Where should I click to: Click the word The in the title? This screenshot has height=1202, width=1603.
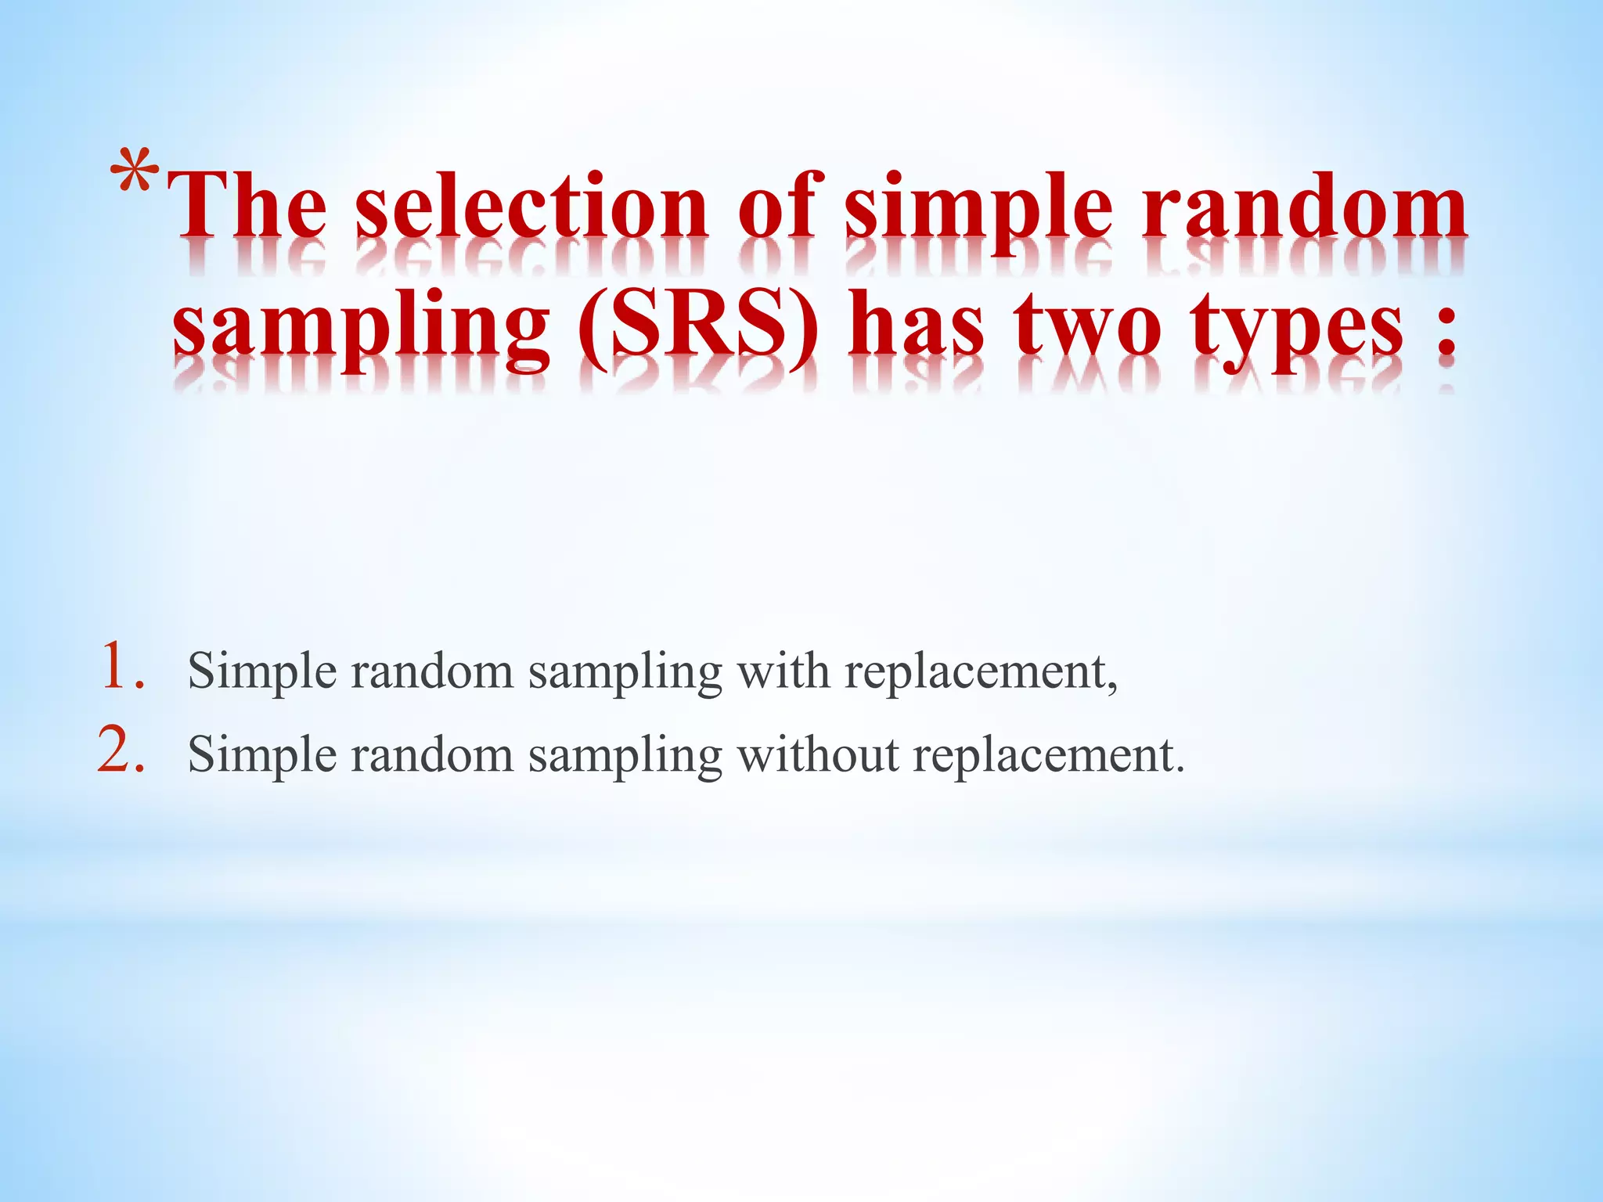249,207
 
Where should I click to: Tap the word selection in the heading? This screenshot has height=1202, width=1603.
532,207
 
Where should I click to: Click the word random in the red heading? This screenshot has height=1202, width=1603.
1304,207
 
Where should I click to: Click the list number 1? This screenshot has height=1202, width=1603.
122,667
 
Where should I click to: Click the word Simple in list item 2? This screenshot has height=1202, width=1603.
262,757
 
